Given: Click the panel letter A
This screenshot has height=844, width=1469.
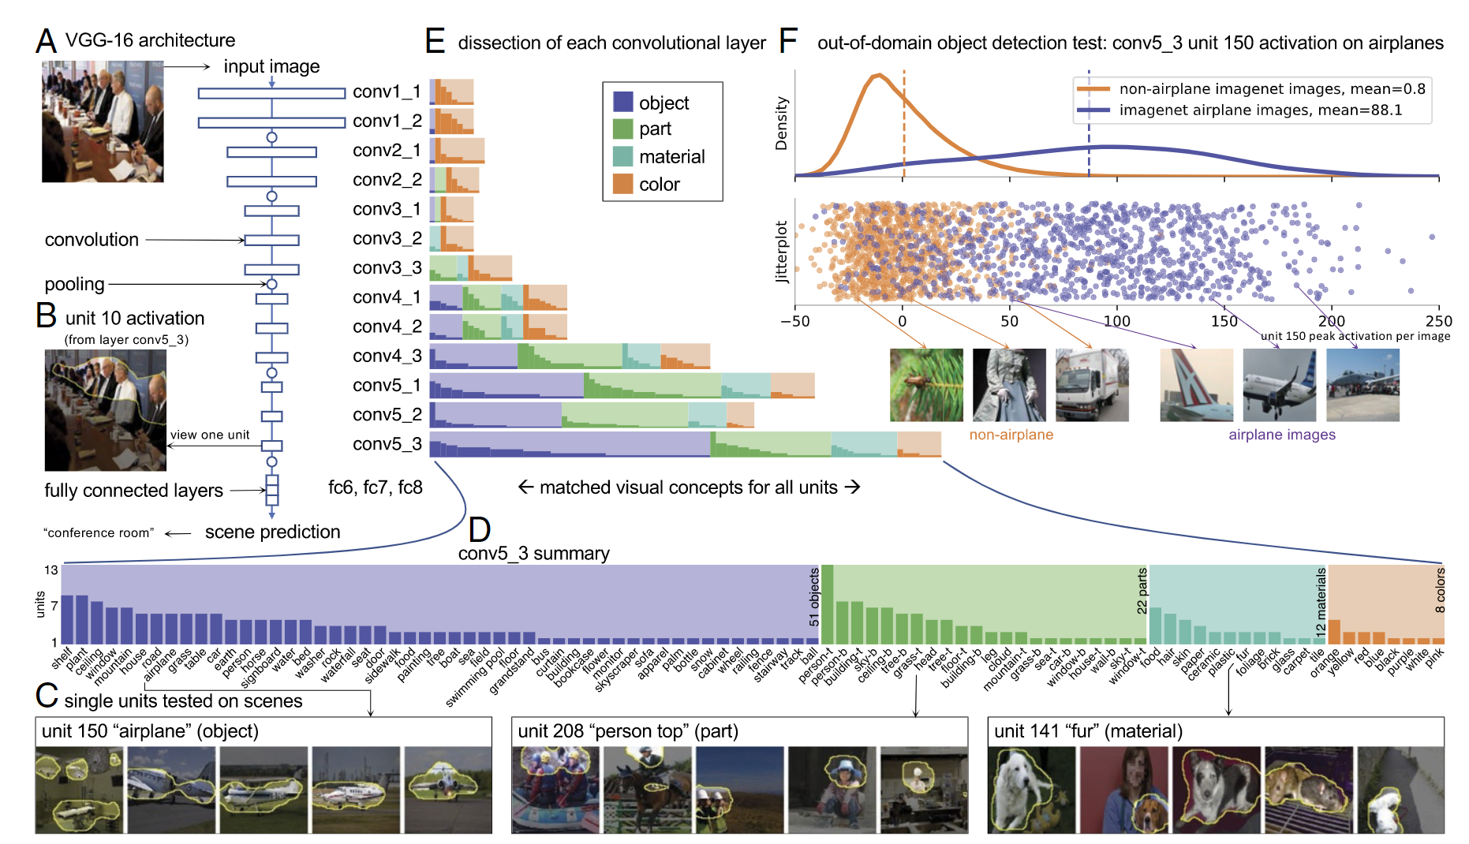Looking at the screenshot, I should [47, 40].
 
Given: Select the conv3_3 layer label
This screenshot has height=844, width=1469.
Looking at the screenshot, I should [387, 268].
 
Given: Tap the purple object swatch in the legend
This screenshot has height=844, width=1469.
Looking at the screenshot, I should [622, 102].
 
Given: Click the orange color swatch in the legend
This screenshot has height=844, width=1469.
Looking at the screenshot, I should [622, 184].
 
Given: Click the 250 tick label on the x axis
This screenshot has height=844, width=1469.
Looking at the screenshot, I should [1438, 321].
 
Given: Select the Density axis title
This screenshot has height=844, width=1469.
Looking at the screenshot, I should [782, 123].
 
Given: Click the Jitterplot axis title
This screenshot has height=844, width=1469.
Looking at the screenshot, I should [782, 252].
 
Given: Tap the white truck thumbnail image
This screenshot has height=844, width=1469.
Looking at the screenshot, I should [1092, 385].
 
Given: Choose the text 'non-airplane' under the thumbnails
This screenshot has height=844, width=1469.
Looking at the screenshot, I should [1011, 435].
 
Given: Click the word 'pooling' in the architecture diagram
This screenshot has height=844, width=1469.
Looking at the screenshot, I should [74, 284].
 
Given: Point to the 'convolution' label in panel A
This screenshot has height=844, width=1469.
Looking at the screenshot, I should [92, 240].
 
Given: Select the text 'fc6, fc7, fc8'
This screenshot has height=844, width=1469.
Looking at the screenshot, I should [375, 487].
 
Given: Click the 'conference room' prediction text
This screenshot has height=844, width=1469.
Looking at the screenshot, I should [99, 533].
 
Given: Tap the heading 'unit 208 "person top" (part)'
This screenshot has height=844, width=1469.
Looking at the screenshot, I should [628, 731].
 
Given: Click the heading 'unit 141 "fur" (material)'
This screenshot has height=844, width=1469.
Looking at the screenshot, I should [1088, 731].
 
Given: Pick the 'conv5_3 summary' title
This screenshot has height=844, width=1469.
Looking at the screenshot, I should [533, 554].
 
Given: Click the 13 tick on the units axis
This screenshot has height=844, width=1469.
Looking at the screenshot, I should [51, 570].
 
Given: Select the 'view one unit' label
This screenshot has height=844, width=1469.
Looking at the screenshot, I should [210, 435].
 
